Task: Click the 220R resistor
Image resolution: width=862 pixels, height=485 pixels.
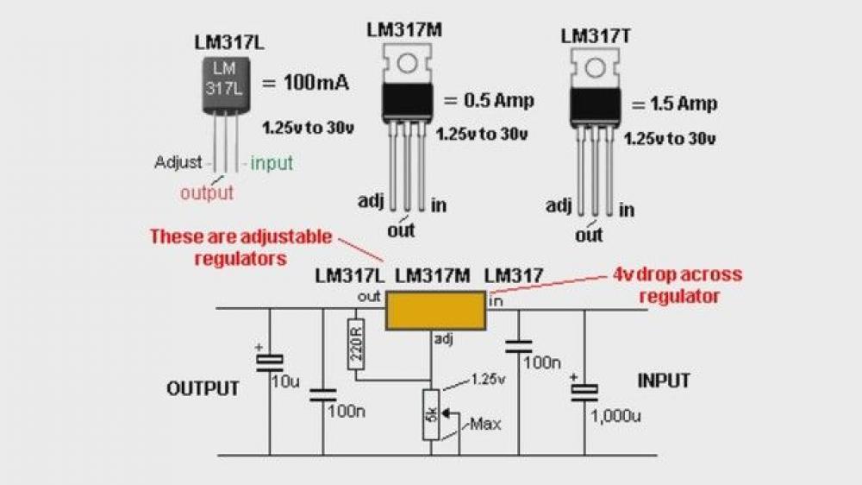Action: pyautogui.click(x=356, y=343)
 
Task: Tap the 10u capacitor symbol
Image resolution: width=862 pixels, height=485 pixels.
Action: pyautogui.click(x=269, y=362)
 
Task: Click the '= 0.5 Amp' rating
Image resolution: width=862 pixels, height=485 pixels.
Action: pyautogui.click(x=488, y=100)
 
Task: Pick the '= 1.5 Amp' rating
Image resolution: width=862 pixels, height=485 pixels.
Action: pyautogui.click(x=672, y=104)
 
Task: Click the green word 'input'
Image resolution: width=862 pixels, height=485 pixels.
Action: pyautogui.click(x=272, y=162)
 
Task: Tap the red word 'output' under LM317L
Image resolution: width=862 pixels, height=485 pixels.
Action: pyautogui.click(x=207, y=192)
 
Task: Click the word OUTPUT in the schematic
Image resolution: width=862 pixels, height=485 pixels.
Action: pyautogui.click(x=203, y=388)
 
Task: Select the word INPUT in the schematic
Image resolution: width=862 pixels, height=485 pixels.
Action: pyautogui.click(x=664, y=381)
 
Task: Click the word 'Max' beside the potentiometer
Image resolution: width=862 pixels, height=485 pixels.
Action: pyautogui.click(x=486, y=424)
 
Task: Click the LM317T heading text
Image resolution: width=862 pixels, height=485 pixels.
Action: pyautogui.click(x=596, y=36)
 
